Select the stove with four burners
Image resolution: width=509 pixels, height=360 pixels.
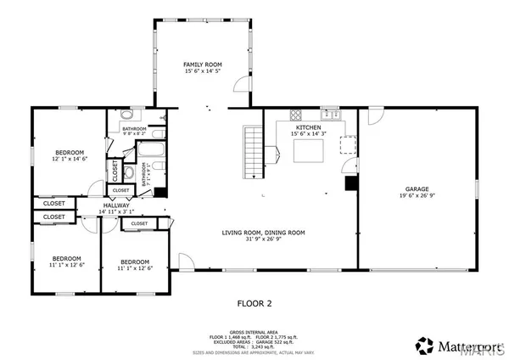tap(296, 115)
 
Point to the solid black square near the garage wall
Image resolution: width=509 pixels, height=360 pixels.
tap(350, 183)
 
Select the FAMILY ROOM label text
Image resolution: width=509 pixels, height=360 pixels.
tap(204, 65)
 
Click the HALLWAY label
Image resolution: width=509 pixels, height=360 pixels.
tap(116, 205)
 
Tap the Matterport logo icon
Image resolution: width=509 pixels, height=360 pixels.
tap(423, 346)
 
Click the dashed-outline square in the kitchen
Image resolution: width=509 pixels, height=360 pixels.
tap(347, 143)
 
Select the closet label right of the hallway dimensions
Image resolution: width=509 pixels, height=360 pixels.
tap(139, 223)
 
